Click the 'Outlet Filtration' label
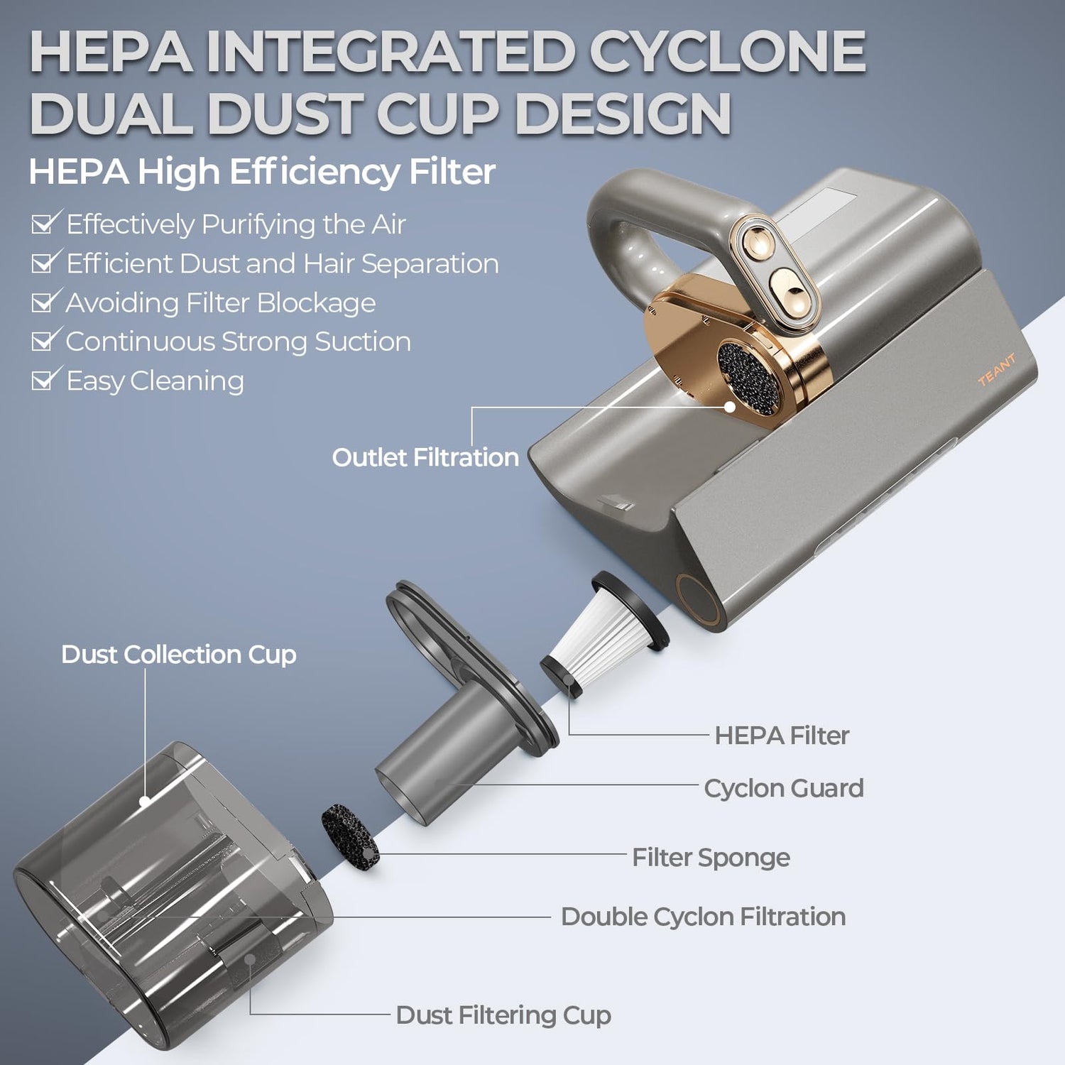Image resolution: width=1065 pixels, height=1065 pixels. coord(425,457)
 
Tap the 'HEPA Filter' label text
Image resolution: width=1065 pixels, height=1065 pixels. coord(782,735)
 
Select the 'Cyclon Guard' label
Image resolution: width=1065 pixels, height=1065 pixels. coord(784,788)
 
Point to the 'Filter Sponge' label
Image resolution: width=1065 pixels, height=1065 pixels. coord(711,858)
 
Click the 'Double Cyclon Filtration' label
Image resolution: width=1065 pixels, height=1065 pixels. coord(703,917)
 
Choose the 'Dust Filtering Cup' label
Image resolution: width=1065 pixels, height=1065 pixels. coord(503,1015)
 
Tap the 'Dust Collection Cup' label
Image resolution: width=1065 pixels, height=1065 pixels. coord(179,655)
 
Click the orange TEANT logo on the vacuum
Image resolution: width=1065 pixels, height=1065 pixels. coord(996,369)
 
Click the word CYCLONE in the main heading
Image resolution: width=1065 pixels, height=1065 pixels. coord(728,52)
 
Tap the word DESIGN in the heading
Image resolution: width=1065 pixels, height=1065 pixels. coord(623,114)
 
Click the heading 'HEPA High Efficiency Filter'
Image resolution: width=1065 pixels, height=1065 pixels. coord(262,172)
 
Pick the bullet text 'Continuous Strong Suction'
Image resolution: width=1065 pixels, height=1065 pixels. coord(239,342)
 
